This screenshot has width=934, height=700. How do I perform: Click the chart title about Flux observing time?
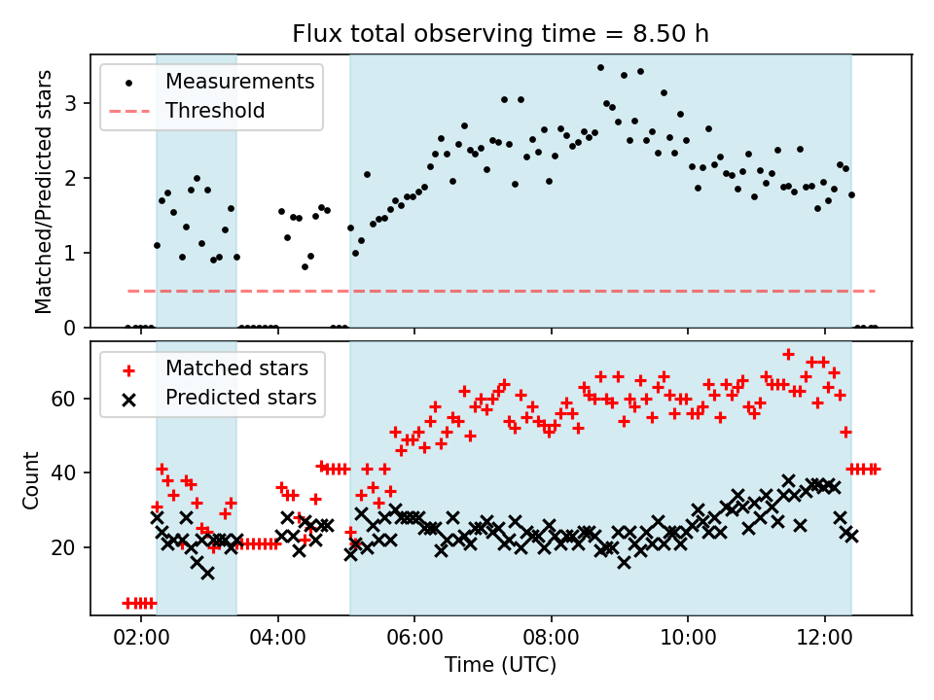point(501,34)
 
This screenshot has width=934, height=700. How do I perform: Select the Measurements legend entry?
point(239,81)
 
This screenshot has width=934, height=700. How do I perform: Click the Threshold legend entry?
point(215,111)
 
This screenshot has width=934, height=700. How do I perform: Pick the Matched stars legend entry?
point(236,368)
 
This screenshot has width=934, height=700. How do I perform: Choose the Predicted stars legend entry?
point(241,398)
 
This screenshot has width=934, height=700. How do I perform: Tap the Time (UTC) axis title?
point(501,666)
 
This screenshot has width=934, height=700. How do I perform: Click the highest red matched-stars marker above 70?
point(788,354)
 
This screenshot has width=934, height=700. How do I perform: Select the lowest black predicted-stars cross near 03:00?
point(207,573)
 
